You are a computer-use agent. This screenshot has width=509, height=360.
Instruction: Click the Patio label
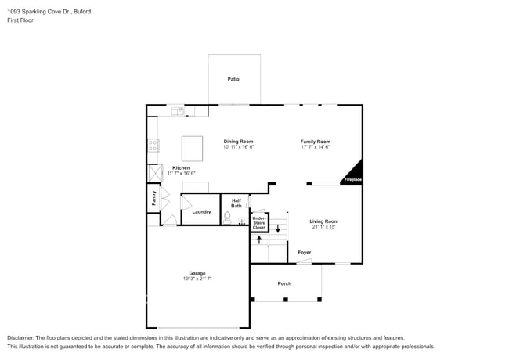(233, 79)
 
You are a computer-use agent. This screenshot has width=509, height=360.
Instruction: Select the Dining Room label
(238, 142)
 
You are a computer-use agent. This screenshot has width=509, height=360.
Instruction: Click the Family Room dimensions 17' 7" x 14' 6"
(316, 147)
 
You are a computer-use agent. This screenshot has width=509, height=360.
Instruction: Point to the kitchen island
(193, 148)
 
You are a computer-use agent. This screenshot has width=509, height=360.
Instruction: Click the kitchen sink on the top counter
(178, 111)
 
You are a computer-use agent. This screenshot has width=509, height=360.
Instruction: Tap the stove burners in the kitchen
(153, 145)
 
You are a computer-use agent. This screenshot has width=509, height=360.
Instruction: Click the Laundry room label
(201, 211)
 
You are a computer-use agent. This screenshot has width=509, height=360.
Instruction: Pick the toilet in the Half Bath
(228, 218)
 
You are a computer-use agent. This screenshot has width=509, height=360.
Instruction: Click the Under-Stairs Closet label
(258, 223)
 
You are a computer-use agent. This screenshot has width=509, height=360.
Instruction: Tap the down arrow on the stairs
(277, 229)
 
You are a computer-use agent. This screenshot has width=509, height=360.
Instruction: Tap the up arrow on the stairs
(259, 239)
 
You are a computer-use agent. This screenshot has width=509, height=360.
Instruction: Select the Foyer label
(304, 253)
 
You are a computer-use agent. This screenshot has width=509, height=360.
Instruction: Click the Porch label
(285, 283)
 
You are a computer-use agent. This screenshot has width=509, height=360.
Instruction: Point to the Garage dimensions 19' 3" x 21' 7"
(197, 278)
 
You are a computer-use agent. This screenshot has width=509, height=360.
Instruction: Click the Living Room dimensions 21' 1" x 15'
(324, 227)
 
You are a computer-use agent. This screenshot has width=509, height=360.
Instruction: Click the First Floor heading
(20, 21)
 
